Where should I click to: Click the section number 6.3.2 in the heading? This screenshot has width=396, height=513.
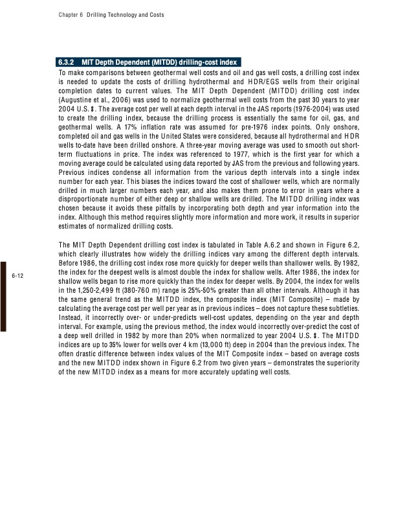pos(67,63)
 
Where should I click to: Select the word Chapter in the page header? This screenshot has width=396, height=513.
pos(60,15)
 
